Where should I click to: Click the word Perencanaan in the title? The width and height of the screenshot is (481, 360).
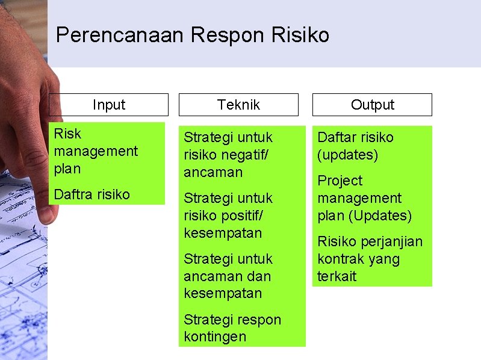click(x=119, y=36)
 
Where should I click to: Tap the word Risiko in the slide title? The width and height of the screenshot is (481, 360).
click(x=300, y=36)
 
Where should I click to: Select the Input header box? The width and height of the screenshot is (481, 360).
click(x=108, y=105)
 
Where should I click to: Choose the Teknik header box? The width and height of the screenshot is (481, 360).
click(x=238, y=105)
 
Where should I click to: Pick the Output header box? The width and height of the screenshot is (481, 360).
click(x=372, y=105)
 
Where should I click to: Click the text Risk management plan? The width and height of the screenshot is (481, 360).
click(x=96, y=151)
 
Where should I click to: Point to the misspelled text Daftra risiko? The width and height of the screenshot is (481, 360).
click(x=92, y=194)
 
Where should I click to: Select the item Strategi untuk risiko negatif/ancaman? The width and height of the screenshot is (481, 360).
click(x=228, y=155)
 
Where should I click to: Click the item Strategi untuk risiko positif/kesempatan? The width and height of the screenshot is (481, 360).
click(x=228, y=216)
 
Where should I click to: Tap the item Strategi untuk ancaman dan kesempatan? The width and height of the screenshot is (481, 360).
click(x=228, y=276)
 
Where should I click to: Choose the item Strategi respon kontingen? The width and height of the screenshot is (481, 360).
click(x=232, y=328)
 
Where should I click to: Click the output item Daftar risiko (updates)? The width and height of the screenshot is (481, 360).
click(x=355, y=146)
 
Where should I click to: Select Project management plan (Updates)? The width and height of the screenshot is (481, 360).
click(x=364, y=198)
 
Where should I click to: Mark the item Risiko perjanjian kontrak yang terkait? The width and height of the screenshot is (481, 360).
click(x=370, y=259)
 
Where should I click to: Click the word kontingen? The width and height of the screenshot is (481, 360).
click(x=215, y=337)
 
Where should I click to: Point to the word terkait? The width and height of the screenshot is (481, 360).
click(x=337, y=276)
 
